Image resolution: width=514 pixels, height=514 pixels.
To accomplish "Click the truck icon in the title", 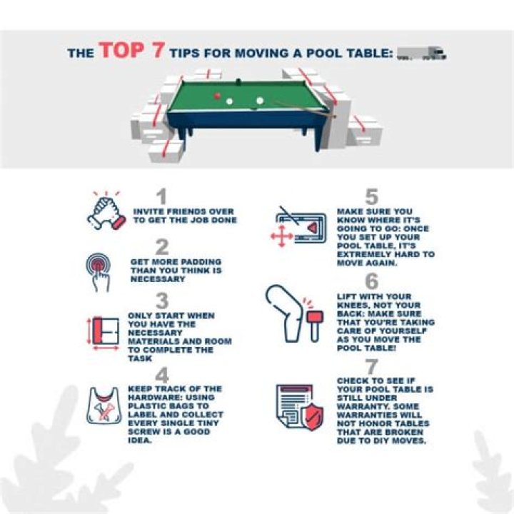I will [421, 53].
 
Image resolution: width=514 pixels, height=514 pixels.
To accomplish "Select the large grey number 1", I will [162, 196].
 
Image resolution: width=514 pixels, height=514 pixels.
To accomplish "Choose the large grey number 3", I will [162, 301].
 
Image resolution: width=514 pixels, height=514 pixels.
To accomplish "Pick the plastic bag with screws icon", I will [104, 405].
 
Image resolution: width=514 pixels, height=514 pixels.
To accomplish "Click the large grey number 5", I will [371, 196].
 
